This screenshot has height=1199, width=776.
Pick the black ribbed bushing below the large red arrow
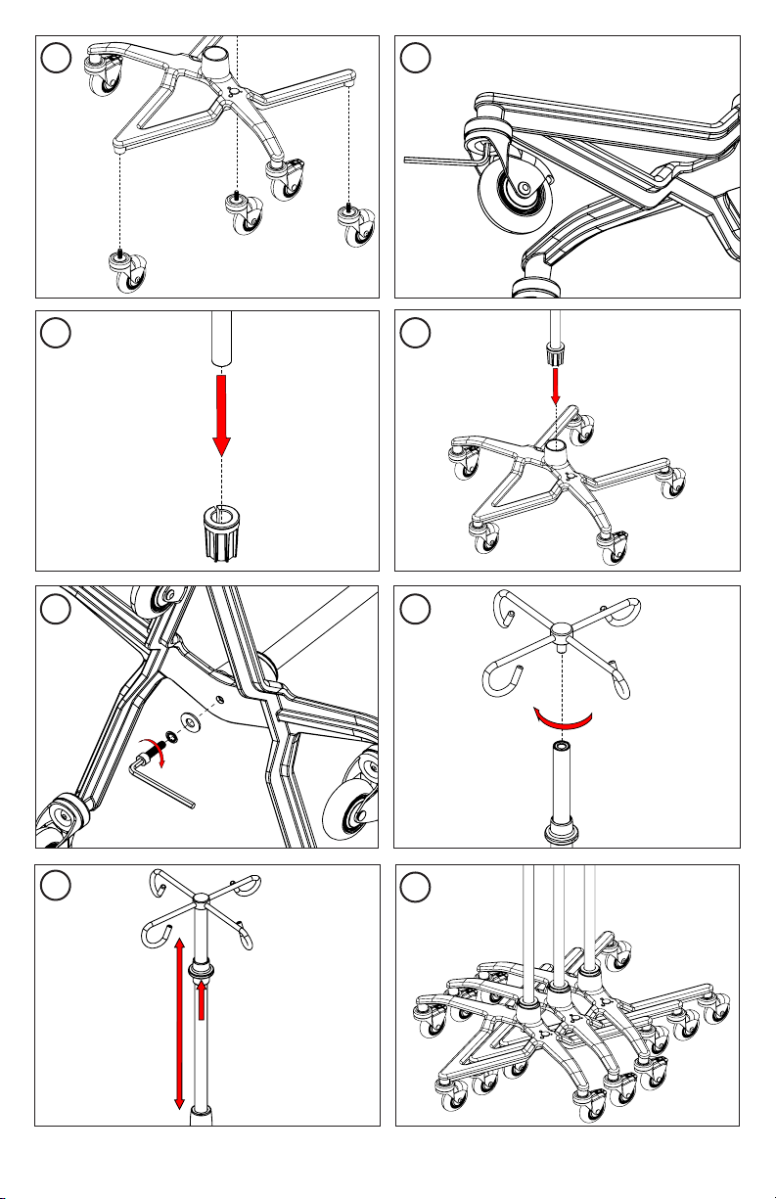coord(222,534)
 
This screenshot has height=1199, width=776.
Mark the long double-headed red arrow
coord(179,1022)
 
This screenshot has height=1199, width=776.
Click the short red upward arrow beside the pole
coord(202,999)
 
